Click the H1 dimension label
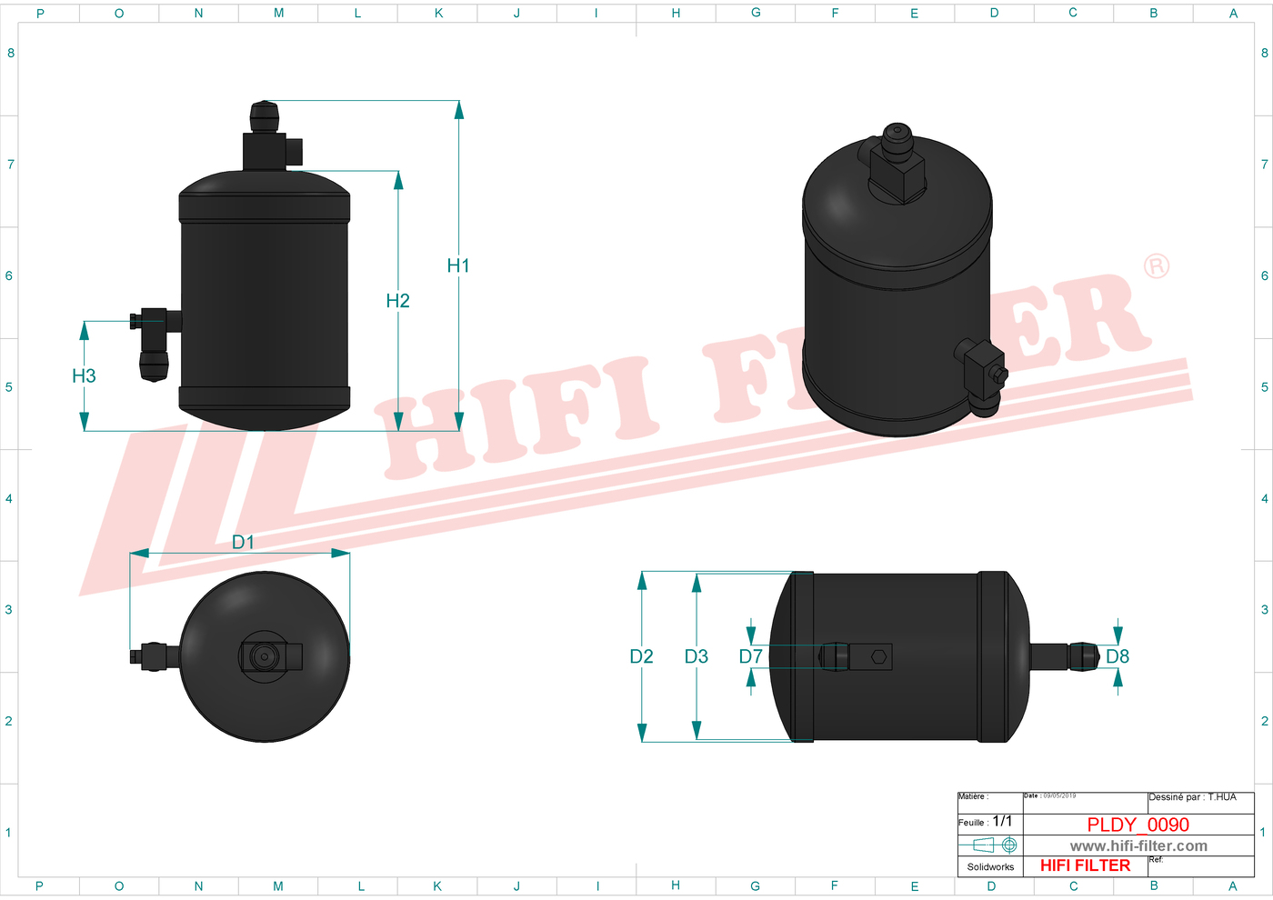458,265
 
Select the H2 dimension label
397,301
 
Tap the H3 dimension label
84,375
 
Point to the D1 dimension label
243,542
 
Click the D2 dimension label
641,656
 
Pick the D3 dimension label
696,656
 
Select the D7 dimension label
750,656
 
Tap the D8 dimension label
1118,656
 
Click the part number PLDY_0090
1138,825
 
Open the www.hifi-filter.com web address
1138,846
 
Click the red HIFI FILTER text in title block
1085,865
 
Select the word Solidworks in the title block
990,867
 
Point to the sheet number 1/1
1002,821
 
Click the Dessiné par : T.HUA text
1192,797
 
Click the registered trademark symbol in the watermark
1157,266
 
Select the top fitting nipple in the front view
264,116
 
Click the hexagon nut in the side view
879,656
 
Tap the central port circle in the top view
264,656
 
